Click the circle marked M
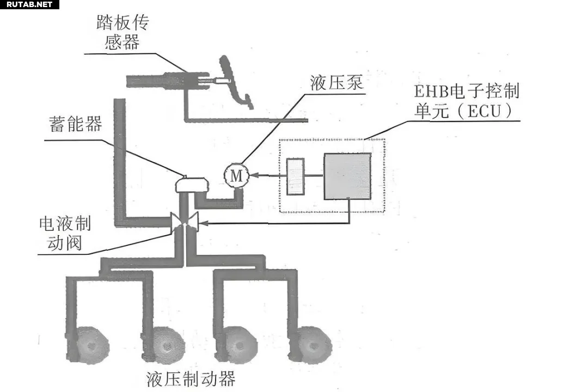click(236, 175)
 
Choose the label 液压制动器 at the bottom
click(191, 378)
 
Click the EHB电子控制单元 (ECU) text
click(460, 100)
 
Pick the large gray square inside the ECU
click(347, 175)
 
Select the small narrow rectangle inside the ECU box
click(295, 176)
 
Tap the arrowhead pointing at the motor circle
click(253, 175)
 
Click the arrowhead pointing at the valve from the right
click(204, 223)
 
